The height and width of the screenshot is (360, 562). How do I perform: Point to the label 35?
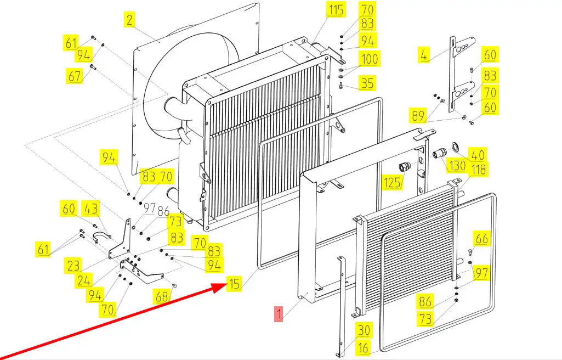pos(367,83)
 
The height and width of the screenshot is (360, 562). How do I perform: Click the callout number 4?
pos(423,55)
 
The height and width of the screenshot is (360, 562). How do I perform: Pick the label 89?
pos(418,116)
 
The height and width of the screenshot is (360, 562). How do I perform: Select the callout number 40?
pos(478,155)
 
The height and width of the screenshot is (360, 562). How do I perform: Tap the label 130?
pos(457,166)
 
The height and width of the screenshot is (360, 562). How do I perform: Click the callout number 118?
pos(478,170)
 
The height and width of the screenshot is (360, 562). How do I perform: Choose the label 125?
pos(391,182)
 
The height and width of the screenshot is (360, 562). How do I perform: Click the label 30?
pos(364,330)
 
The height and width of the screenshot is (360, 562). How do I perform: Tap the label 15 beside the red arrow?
pos(234,284)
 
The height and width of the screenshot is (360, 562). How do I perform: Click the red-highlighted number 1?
pos(279,314)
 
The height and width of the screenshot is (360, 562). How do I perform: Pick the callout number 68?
pos(162,297)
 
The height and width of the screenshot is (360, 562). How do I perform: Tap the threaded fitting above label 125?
pos(405,166)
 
